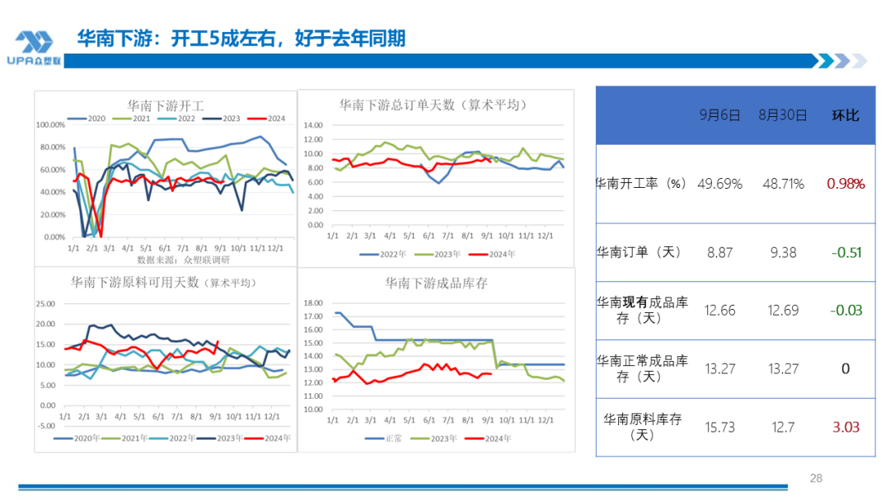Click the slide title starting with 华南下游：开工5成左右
(x=241, y=38)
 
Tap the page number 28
(x=816, y=478)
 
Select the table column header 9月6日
(x=719, y=115)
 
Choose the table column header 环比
(x=845, y=115)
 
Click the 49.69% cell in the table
(x=719, y=184)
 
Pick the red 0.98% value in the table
(x=845, y=184)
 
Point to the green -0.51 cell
(x=845, y=252)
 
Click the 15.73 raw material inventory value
(x=719, y=426)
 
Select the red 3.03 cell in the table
(x=845, y=426)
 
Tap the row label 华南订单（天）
(x=639, y=252)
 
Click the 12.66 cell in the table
(x=719, y=310)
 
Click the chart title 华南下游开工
(x=165, y=105)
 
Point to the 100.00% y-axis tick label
(x=52, y=125)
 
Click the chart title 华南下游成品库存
(x=436, y=283)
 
